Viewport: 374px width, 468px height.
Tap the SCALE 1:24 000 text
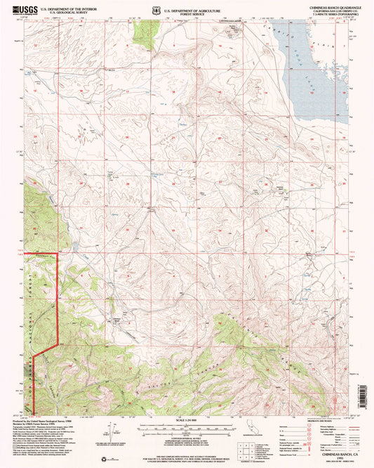click(x=186, y=420)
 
